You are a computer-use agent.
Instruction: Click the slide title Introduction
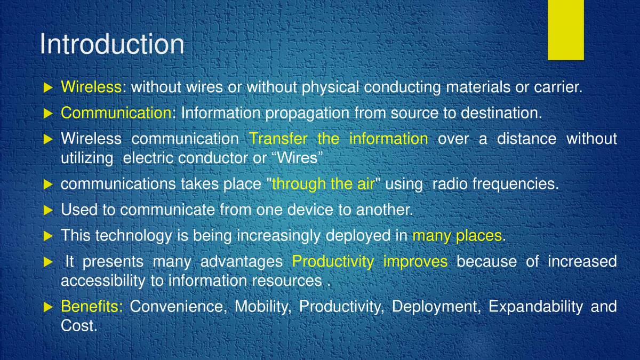111,44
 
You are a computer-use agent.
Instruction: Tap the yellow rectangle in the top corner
565,29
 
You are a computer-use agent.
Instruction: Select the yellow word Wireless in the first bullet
91,87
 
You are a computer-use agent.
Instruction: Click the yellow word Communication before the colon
116,113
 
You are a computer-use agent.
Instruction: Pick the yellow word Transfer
278,139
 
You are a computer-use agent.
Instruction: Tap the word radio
450,184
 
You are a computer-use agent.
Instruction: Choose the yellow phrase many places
457,235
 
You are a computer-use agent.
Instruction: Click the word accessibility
102,281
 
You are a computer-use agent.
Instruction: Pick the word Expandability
535,307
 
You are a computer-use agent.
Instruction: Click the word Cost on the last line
78,326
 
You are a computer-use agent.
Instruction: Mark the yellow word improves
415,261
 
